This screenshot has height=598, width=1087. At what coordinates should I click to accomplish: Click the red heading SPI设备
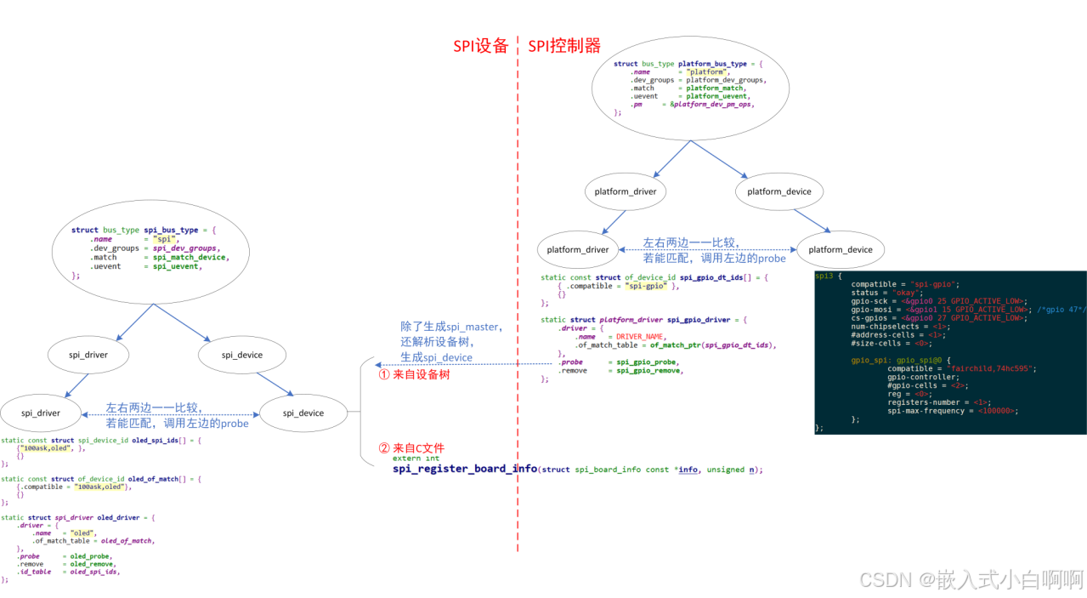click(480, 46)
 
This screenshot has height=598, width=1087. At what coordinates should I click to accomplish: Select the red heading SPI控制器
click(564, 46)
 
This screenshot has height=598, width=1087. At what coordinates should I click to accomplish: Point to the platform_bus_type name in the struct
click(720, 64)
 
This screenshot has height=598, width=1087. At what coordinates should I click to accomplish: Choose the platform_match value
click(715, 88)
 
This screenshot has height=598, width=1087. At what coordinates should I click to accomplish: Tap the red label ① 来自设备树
click(413, 374)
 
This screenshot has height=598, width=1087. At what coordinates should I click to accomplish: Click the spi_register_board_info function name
click(465, 469)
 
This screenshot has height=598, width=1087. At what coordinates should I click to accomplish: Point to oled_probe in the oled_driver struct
click(91, 556)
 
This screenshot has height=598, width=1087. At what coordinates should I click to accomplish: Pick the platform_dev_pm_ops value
click(714, 104)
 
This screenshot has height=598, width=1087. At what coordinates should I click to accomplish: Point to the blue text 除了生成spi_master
click(451, 327)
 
